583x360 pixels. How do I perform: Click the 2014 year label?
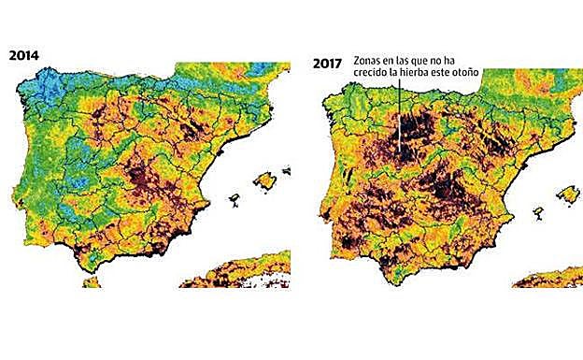click(24, 53)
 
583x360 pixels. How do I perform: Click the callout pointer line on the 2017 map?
click(401, 112)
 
